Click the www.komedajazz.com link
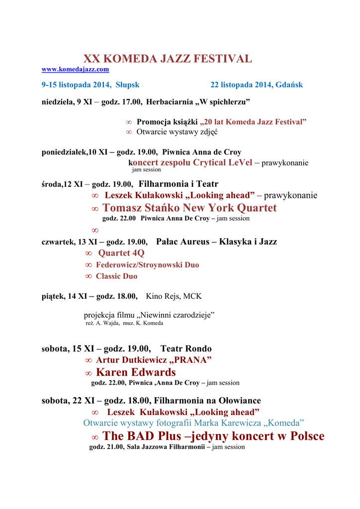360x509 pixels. click(75, 70)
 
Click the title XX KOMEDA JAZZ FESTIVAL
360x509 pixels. click(168, 59)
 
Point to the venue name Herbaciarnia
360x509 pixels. click(170, 102)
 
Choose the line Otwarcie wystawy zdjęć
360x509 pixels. click(177, 132)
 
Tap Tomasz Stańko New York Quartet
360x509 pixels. click(189, 208)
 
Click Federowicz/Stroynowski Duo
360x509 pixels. click(147, 265)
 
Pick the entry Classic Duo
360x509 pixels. click(116, 276)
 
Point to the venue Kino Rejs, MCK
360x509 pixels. click(174, 296)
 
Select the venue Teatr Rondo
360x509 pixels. click(186, 349)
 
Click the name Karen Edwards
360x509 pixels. click(136, 372)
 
